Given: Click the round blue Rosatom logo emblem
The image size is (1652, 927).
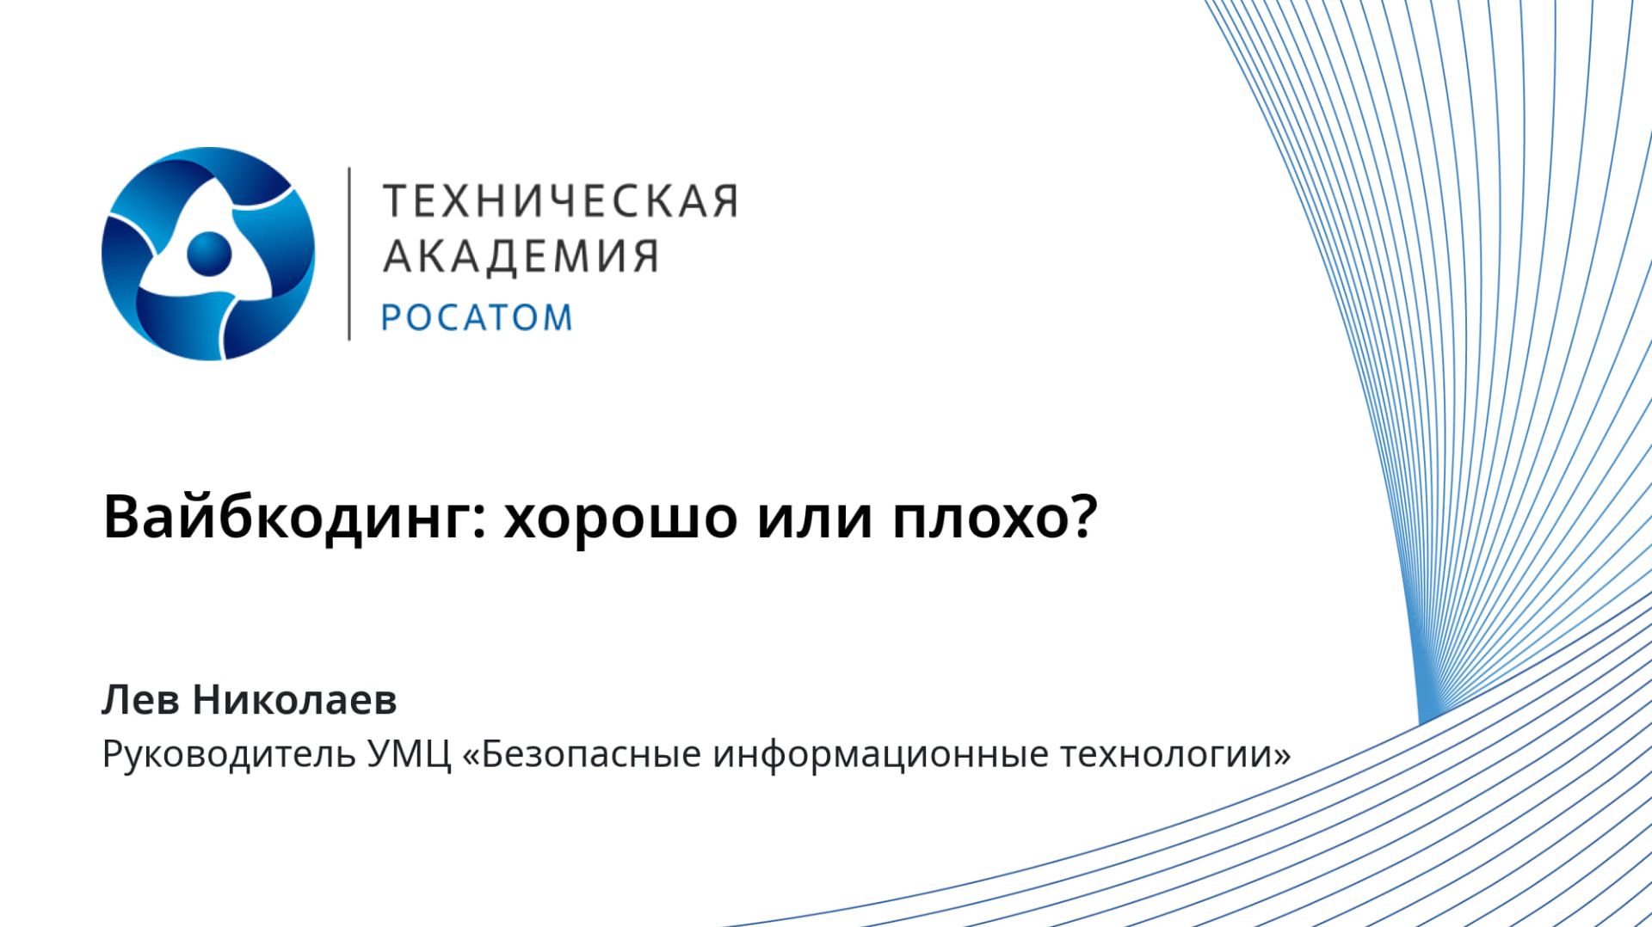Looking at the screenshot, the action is pyautogui.click(x=208, y=254).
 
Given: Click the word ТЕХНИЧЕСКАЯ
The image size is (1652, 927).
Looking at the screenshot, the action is pyautogui.click(x=560, y=200).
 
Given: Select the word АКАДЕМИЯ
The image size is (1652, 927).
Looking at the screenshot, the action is pyautogui.click(x=521, y=255).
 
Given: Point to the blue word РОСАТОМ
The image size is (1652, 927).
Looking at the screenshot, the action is pyautogui.click(x=477, y=317).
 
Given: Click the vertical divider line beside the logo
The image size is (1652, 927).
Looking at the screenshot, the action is pyautogui.click(x=348, y=254).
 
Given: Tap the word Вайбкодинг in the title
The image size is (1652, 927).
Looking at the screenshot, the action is pyautogui.click(x=285, y=519).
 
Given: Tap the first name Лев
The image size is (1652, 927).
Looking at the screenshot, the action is pyautogui.click(x=140, y=700).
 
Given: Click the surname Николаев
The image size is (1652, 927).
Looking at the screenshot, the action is pyautogui.click(x=294, y=700).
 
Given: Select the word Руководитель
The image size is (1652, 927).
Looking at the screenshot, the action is pyautogui.click(x=228, y=754).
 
